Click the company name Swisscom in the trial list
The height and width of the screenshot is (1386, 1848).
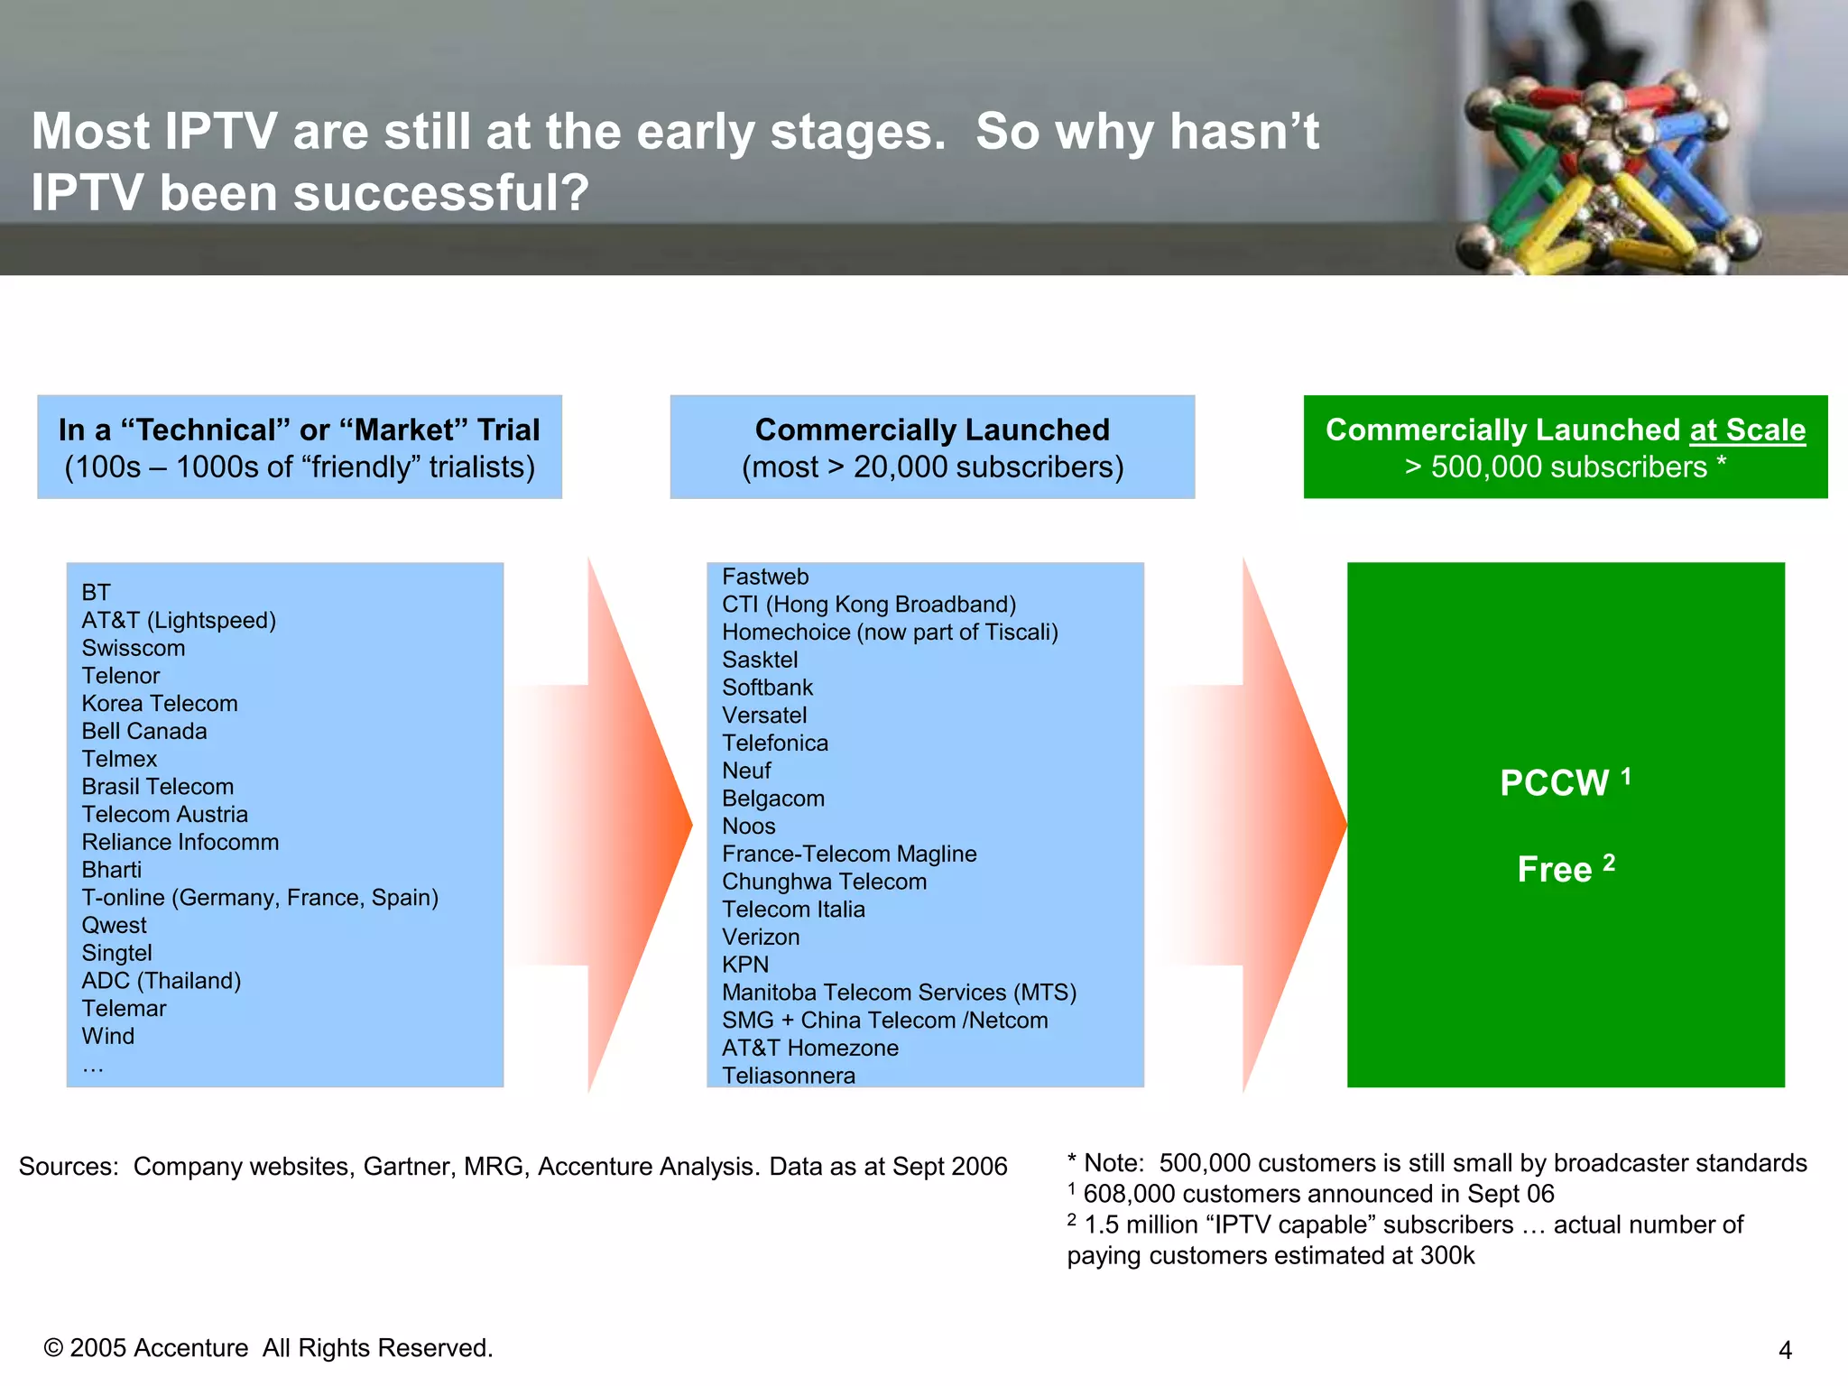click(134, 648)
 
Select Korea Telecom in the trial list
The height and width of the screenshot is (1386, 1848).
click(160, 703)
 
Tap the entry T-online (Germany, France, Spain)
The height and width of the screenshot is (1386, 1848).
click(260, 897)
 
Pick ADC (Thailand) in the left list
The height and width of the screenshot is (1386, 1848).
click(162, 980)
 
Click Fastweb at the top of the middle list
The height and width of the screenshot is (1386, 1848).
click(765, 577)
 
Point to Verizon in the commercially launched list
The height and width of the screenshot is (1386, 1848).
click(761, 937)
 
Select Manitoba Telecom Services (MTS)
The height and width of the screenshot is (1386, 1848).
click(899, 992)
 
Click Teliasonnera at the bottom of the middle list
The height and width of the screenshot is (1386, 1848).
click(789, 1075)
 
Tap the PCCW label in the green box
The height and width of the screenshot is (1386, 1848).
click(1554, 782)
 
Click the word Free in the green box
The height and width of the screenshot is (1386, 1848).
click(1554, 869)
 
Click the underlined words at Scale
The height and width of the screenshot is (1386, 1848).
click(1747, 430)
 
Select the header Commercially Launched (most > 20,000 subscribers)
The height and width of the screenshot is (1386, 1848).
click(932, 447)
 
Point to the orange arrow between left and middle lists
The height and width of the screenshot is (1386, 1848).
click(632, 825)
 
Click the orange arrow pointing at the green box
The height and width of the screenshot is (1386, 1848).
click(1286, 825)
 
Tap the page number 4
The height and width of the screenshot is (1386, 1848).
click(1785, 1350)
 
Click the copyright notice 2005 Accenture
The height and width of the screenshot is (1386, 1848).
click(268, 1347)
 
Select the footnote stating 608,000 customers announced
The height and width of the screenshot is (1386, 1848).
click(1317, 1194)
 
